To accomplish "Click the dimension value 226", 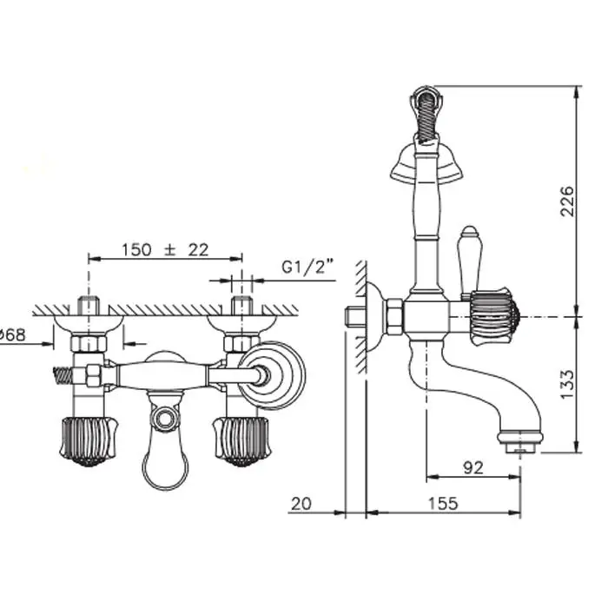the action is pyautogui.click(x=567, y=202).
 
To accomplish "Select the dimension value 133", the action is pyautogui.click(x=567, y=384).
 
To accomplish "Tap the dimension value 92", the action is pyautogui.click(x=473, y=467).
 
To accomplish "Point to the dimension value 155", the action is pyautogui.click(x=443, y=503).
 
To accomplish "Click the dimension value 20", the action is pyautogui.click(x=301, y=504).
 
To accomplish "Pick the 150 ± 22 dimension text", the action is pyautogui.click(x=166, y=250).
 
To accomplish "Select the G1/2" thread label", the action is pyautogui.click(x=307, y=268).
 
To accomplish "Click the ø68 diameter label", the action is pyautogui.click(x=12, y=334).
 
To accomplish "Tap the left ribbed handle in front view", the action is pyautogui.click(x=89, y=441).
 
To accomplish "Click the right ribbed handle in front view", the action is pyautogui.click(x=241, y=441).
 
